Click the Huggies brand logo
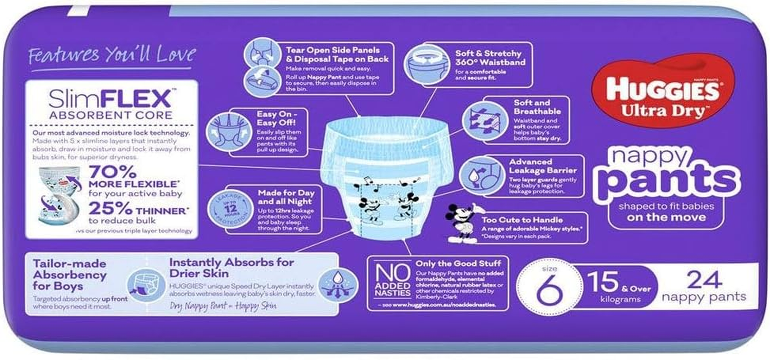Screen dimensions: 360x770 point(662,90)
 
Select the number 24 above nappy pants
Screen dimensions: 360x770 point(704,280)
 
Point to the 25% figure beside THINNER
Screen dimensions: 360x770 point(110,208)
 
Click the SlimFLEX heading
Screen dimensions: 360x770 point(111,98)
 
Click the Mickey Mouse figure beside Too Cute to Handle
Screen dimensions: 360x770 point(462,221)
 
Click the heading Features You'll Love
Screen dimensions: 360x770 point(112,55)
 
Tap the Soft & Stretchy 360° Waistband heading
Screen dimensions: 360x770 point(490,58)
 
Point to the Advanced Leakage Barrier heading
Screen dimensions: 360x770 point(543,166)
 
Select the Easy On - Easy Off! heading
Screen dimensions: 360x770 point(276,118)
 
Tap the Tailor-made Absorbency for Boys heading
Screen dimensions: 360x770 point(70,274)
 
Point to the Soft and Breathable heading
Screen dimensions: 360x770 point(537,107)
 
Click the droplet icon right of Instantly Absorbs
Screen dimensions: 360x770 point(338,284)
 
